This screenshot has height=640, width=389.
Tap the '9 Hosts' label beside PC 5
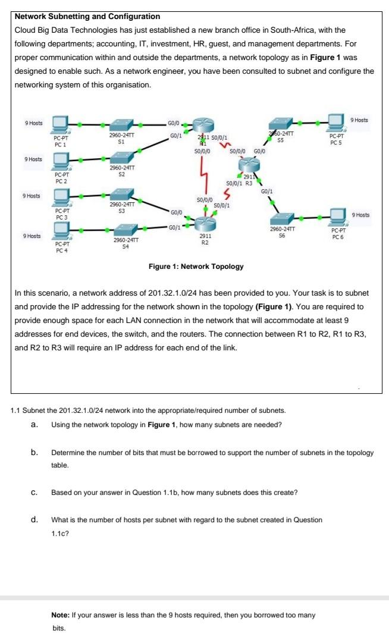(x=359, y=120)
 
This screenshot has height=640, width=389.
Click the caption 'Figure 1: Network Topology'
(x=196, y=266)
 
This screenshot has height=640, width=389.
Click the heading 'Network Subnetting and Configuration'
(x=87, y=16)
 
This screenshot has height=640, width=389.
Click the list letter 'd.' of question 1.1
(x=35, y=520)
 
